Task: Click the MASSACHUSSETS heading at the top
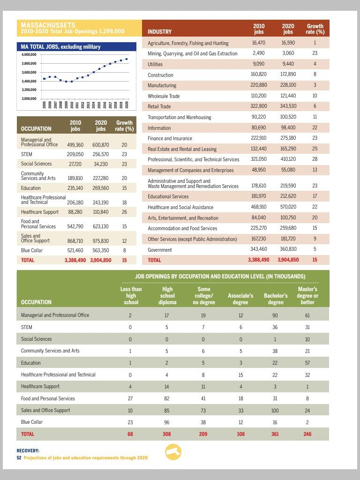[x=48, y=25]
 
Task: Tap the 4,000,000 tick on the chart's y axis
[x=29, y=55]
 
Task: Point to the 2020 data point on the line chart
[x=127, y=59]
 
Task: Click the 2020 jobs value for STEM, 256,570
[x=101, y=154]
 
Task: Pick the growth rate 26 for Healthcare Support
[x=124, y=212]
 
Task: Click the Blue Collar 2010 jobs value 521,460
[x=75, y=250]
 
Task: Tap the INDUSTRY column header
[x=159, y=32]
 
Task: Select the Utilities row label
[x=155, y=64]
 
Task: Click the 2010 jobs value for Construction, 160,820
[x=259, y=75]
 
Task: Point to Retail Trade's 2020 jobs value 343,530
[x=288, y=106]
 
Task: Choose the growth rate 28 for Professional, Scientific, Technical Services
[x=315, y=159]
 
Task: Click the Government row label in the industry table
[x=160, y=250]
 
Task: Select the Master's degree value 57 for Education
[x=307, y=363]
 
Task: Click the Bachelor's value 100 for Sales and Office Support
[x=275, y=410]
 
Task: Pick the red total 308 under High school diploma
[x=167, y=434]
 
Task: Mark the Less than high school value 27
[x=130, y=398]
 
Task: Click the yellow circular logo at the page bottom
[x=173, y=452]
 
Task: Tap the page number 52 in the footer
[x=19, y=457]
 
